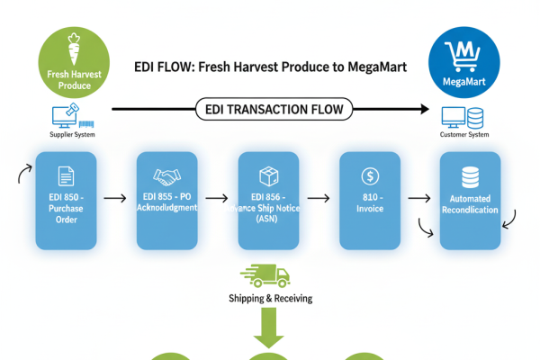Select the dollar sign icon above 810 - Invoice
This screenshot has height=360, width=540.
368,176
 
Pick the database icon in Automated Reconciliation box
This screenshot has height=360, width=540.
470,176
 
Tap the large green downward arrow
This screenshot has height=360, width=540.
268,328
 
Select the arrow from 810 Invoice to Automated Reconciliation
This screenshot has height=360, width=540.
418,195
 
